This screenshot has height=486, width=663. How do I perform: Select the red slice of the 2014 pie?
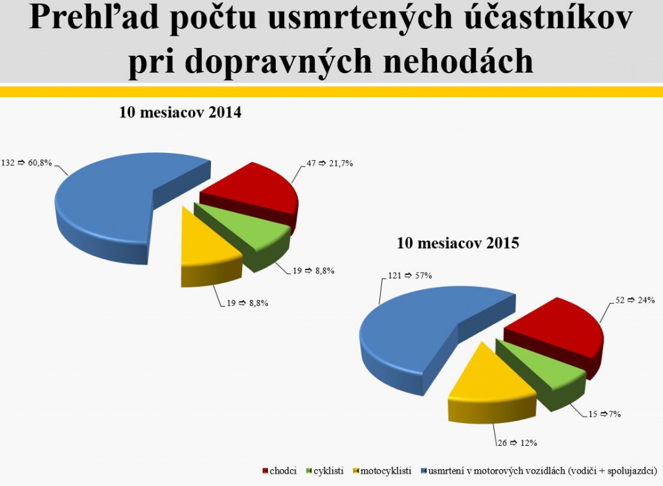pos(254,191)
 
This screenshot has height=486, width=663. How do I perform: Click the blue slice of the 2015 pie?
pos(410,334)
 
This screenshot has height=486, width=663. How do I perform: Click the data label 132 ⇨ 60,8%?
pos(27,163)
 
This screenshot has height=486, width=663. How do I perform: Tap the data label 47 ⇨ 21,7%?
pos(330,163)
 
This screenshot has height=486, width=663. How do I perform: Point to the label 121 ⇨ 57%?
pos(410,275)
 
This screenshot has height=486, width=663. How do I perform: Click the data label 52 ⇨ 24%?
pos(635,300)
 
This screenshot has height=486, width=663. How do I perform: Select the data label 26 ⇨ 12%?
pos(517,443)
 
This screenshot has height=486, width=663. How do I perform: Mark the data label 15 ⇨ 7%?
pos(605,414)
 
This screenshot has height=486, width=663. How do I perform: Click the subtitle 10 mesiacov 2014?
pos(180,113)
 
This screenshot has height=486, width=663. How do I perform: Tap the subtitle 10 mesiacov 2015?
pos(458,243)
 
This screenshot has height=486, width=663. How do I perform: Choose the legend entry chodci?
pos(280,470)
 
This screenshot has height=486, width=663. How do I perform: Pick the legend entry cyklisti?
pos(325,470)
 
